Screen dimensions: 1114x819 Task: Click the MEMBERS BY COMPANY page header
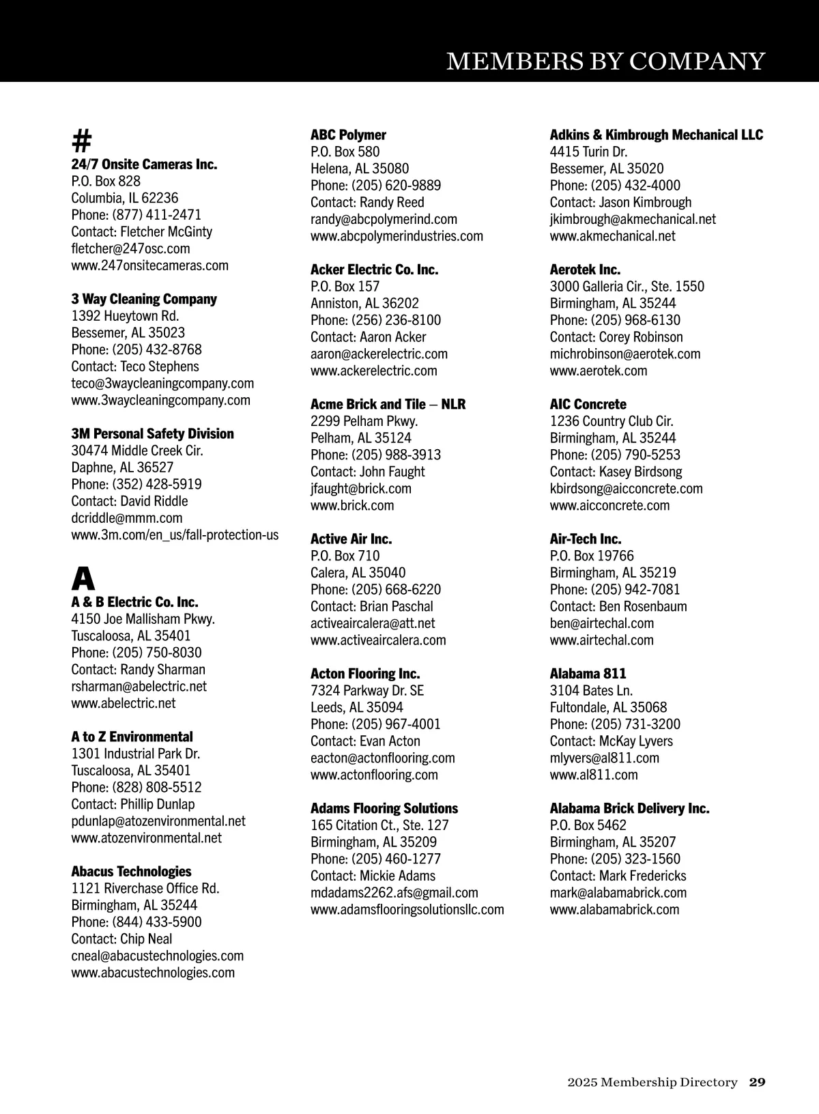(x=605, y=61)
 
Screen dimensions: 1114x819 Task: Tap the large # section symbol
(x=81, y=141)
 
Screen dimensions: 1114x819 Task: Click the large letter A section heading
(x=83, y=580)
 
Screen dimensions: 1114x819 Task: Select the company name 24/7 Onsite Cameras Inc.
(x=144, y=165)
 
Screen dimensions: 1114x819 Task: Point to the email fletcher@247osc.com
(x=130, y=248)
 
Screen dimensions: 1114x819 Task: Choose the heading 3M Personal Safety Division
(x=152, y=434)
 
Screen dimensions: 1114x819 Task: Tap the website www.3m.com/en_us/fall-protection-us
(x=175, y=535)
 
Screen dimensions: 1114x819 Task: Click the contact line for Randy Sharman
(x=138, y=670)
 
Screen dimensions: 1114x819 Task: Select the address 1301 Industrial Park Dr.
(x=135, y=754)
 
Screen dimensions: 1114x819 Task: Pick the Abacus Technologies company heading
(x=131, y=872)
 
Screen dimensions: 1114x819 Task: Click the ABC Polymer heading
(x=348, y=135)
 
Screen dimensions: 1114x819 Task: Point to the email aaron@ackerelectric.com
(x=379, y=354)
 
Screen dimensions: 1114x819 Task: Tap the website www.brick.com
(x=351, y=506)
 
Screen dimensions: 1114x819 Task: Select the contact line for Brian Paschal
(x=371, y=606)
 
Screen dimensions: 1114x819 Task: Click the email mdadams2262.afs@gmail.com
(x=394, y=893)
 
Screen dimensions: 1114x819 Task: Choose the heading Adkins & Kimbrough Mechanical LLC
(x=656, y=135)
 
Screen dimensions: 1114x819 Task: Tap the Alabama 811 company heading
(x=588, y=674)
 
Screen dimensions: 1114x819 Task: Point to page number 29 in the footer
(x=757, y=1082)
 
